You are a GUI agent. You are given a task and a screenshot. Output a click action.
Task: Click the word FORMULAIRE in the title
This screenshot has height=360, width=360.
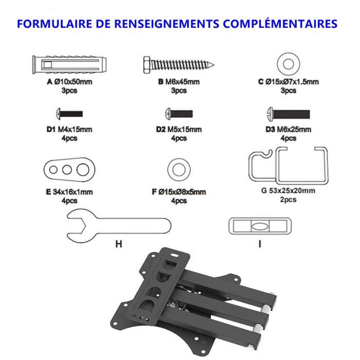tap(55, 24)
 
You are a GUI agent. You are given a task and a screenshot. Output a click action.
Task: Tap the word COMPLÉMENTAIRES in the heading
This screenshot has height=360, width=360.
tap(280, 24)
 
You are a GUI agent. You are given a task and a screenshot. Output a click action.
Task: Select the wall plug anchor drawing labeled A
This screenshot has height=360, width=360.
tap(69, 64)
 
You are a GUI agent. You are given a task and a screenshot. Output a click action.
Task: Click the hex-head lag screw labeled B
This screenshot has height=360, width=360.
tap(178, 65)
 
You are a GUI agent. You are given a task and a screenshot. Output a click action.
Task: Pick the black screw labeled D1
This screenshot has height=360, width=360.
tap(69, 114)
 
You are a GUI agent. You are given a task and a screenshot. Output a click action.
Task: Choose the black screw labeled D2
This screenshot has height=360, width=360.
tap(179, 114)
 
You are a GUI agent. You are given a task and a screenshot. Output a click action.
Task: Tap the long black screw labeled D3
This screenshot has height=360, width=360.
tap(289, 114)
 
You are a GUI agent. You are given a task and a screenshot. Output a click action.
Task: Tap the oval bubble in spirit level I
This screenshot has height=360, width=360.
tap(260, 226)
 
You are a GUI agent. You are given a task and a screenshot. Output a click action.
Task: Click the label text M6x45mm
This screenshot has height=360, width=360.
tap(182, 82)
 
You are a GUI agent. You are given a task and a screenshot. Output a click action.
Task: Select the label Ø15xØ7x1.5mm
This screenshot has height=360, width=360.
tap(292, 82)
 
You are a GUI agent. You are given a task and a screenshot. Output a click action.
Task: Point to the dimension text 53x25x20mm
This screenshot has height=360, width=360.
tap(292, 191)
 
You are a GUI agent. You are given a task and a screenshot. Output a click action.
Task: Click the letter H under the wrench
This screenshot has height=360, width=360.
tap(119, 244)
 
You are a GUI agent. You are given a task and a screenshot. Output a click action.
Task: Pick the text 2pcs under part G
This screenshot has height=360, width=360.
tap(288, 200)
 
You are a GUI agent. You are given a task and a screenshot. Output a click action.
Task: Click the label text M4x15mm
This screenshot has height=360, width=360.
tap(75, 130)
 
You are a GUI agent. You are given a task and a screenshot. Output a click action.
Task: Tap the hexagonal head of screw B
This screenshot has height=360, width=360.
tap(148, 65)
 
